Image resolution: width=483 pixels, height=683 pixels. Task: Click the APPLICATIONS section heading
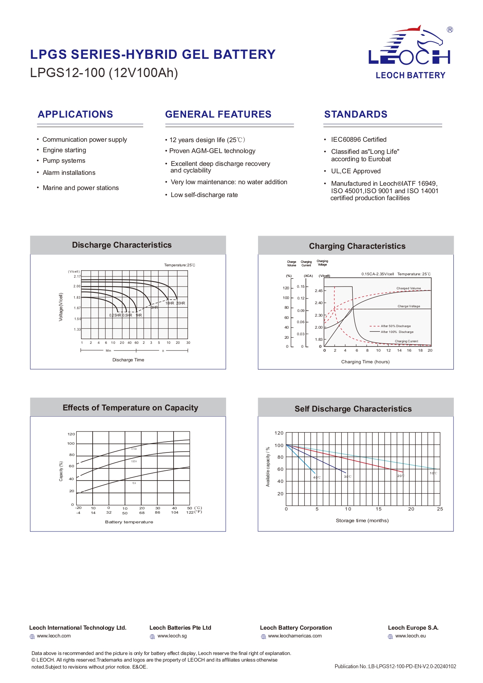coord(76,114)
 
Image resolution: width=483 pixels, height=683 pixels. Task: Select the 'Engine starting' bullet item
coord(64,150)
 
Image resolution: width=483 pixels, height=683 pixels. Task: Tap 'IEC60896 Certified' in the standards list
coord(358,140)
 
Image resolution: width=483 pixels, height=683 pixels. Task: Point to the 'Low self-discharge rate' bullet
coord(204,195)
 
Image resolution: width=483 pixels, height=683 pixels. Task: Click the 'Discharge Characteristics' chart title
coord(122,245)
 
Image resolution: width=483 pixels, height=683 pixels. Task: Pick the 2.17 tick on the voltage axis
coord(77,277)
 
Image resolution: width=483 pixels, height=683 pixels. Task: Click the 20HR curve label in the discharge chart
coord(181,303)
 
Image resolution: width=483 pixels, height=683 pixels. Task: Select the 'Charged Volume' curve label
coord(409,289)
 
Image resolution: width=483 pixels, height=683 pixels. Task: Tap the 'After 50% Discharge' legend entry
coord(395,326)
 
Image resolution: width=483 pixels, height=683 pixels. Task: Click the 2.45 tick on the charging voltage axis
coord(318,291)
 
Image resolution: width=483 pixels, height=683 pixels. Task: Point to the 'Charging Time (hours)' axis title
coord(365,362)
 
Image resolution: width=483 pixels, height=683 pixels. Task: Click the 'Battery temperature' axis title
coord(129,522)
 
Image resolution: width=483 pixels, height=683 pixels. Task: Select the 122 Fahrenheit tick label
coord(190,512)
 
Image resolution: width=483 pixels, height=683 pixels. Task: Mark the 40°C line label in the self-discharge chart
coord(317,477)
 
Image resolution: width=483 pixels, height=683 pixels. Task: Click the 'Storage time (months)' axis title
coord(362,521)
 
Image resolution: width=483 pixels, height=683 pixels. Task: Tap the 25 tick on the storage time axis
coord(440,509)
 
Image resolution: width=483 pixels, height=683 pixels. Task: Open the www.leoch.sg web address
coord(172,636)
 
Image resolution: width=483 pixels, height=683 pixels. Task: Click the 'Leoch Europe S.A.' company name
coord(413,628)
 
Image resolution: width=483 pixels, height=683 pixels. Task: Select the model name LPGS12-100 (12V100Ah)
coord(104,73)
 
